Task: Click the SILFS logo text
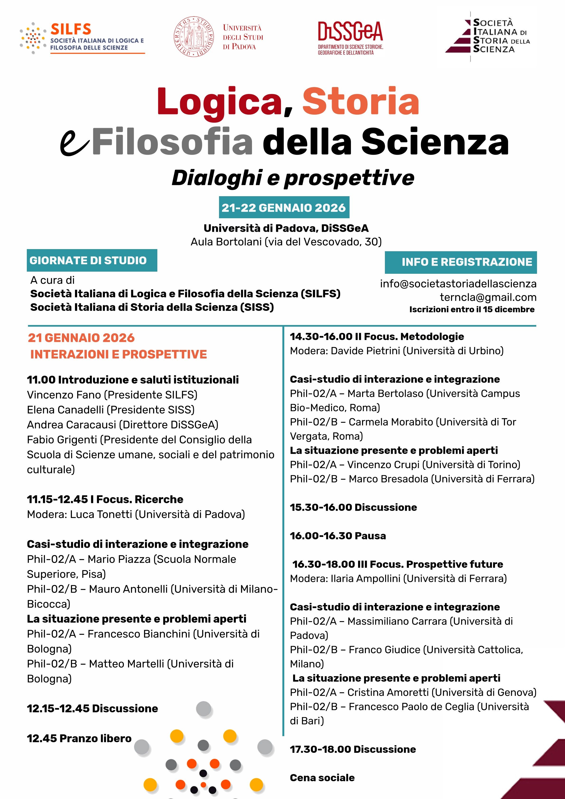(x=71, y=29)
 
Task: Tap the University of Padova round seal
(x=194, y=37)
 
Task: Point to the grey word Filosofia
(x=172, y=142)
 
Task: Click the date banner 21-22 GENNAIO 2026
(x=284, y=208)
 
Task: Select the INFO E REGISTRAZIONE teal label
(x=461, y=262)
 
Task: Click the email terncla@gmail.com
(x=488, y=297)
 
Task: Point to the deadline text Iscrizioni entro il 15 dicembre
(x=472, y=309)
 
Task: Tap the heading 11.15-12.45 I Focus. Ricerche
(x=105, y=499)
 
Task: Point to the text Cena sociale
(x=322, y=777)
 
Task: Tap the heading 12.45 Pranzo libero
(x=79, y=738)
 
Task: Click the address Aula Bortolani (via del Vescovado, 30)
(x=286, y=242)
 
